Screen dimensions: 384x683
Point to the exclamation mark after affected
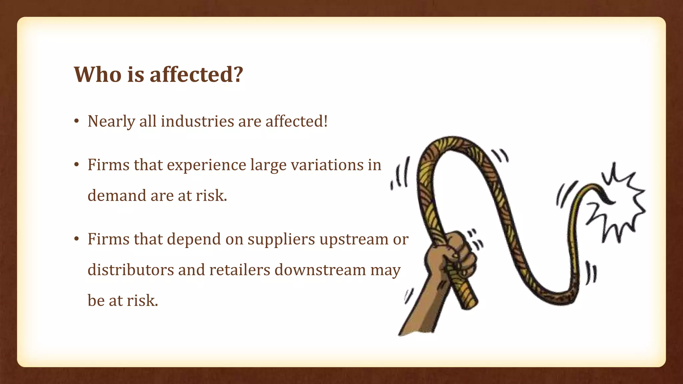tap(325, 121)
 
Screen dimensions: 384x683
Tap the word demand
tap(117, 195)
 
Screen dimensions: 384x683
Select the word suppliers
tap(281, 240)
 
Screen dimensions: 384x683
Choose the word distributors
tap(130, 270)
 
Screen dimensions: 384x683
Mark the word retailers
tap(239, 270)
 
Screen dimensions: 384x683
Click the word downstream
tap(320, 270)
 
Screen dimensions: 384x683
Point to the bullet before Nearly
tap(77, 121)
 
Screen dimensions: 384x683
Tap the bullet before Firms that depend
tap(77, 239)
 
